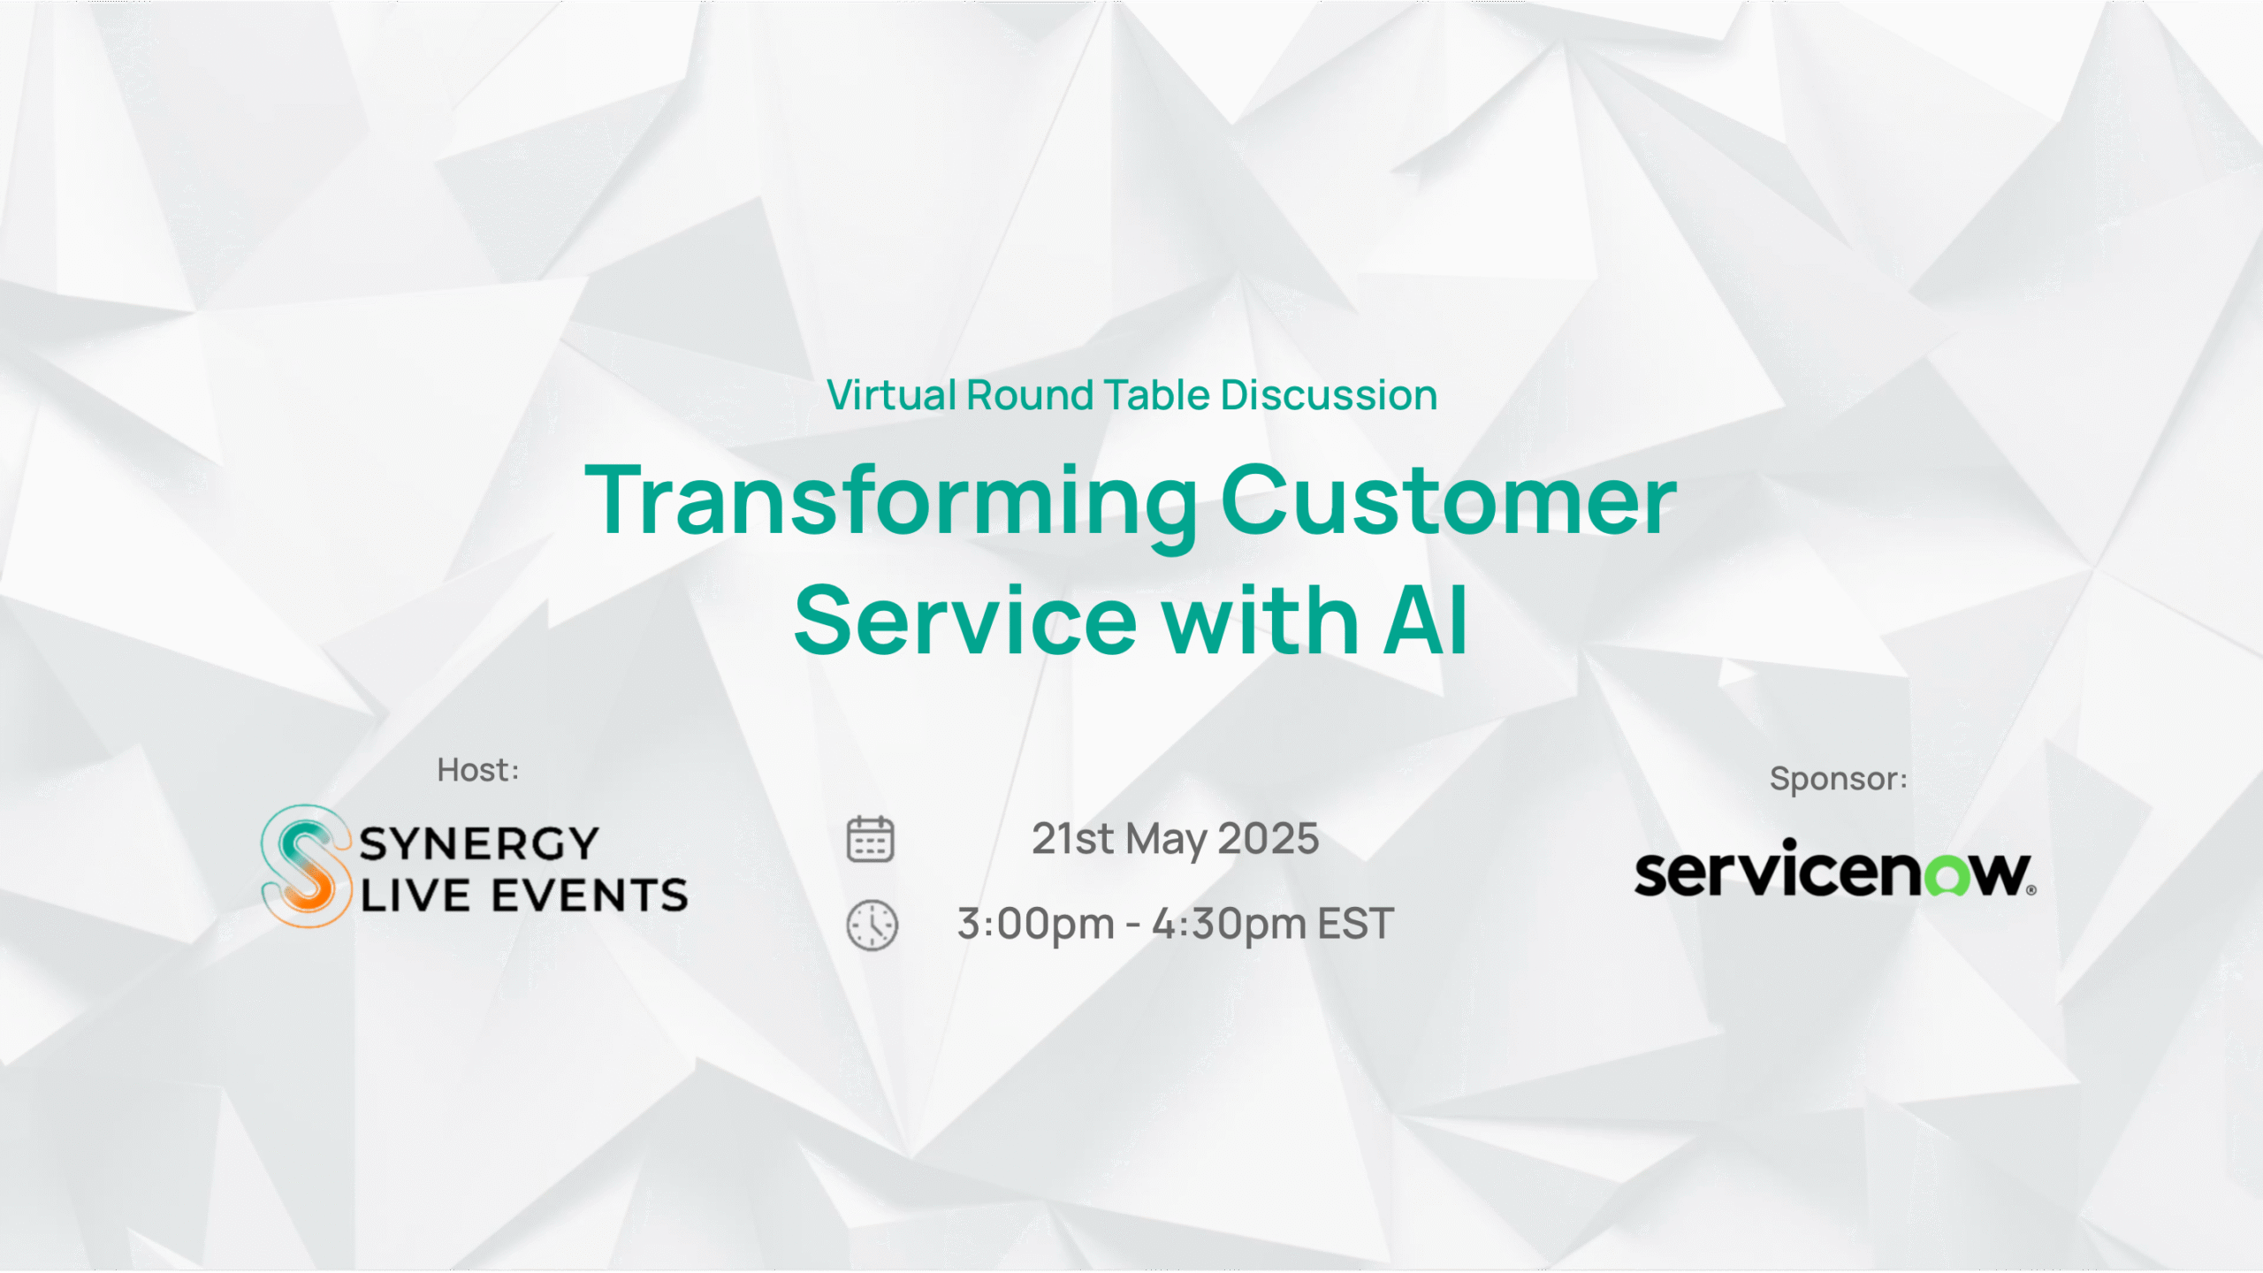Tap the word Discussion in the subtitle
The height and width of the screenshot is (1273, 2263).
pyautogui.click(x=1330, y=395)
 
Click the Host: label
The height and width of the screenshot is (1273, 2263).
pyautogui.click(x=478, y=770)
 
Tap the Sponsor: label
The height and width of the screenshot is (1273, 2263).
pyautogui.click(x=1839, y=779)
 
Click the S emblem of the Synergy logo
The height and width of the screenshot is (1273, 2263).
pyautogui.click(x=306, y=865)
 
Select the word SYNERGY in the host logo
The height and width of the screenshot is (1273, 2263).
pyautogui.click(x=479, y=843)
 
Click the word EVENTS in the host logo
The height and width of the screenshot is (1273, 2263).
pyautogui.click(x=590, y=896)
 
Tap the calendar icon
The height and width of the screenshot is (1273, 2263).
pyautogui.click(x=871, y=839)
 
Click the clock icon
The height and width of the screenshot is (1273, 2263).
pyautogui.click(x=872, y=926)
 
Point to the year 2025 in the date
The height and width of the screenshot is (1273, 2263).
pyautogui.click(x=1269, y=838)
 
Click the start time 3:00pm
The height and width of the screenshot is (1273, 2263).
pyautogui.click(x=1036, y=925)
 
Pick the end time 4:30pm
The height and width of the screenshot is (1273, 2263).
pyautogui.click(x=1230, y=925)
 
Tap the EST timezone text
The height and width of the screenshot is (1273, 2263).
pyautogui.click(x=1356, y=924)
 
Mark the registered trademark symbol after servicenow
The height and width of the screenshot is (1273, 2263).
pyautogui.click(x=2031, y=890)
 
